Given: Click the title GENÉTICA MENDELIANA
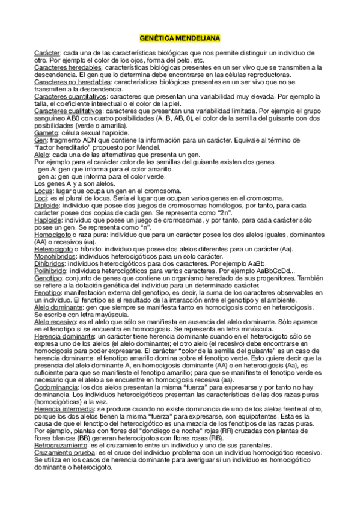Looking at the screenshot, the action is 180,37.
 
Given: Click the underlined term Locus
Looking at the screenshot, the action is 44,191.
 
